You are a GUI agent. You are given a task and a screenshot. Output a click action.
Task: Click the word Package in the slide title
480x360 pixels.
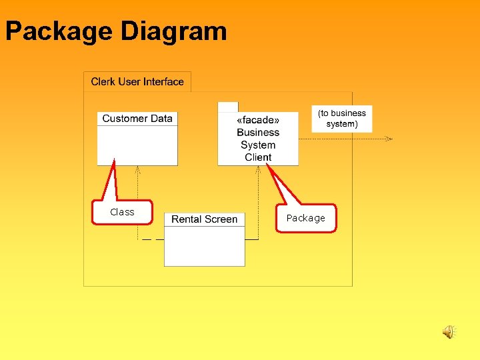tap(59, 31)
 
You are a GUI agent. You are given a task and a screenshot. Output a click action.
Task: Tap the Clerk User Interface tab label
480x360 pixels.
tap(137, 82)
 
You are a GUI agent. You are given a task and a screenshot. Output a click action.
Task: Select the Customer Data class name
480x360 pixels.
tap(137, 119)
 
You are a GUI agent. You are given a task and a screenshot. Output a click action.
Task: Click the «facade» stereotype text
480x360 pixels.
tap(258, 120)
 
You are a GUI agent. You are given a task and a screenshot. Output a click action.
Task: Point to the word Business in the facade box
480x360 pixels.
tap(258, 132)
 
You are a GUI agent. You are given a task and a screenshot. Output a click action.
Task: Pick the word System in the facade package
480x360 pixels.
tap(258, 145)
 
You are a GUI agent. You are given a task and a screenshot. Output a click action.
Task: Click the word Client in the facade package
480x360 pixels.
tap(258, 157)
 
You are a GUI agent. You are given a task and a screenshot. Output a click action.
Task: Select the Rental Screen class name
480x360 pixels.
tap(204, 219)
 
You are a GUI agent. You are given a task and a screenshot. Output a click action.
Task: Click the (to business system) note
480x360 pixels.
tap(342, 119)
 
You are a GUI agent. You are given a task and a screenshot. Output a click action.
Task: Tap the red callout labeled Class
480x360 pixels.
tap(123, 212)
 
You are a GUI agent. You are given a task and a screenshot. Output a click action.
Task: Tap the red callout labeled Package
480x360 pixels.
tap(306, 218)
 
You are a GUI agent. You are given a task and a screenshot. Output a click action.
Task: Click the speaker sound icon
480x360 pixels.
tap(449, 331)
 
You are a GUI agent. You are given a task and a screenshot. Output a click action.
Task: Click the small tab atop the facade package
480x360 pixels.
tap(228, 107)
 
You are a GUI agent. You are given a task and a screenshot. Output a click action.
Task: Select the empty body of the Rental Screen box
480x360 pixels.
tap(204, 247)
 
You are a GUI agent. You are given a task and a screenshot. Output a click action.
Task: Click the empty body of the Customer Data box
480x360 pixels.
tap(137, 145)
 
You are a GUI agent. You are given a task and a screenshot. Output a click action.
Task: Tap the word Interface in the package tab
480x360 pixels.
tap(163, 82)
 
